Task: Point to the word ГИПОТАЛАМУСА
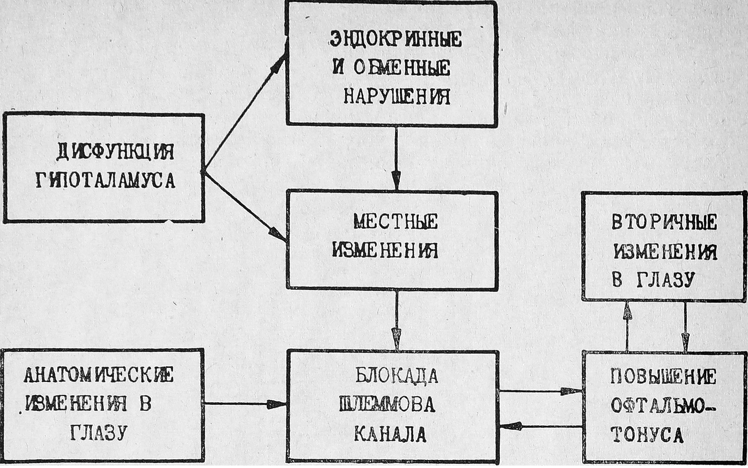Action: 105,181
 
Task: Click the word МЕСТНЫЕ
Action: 396,222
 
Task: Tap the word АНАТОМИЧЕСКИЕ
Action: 99,376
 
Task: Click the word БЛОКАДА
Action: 396,376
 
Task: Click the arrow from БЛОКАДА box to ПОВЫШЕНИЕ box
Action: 540,392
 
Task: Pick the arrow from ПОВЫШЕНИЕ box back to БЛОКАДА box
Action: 540,427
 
